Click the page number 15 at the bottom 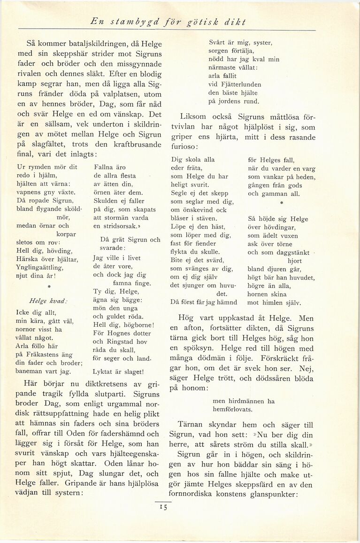coord(163,507)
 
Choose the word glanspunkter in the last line coord(272,494)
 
